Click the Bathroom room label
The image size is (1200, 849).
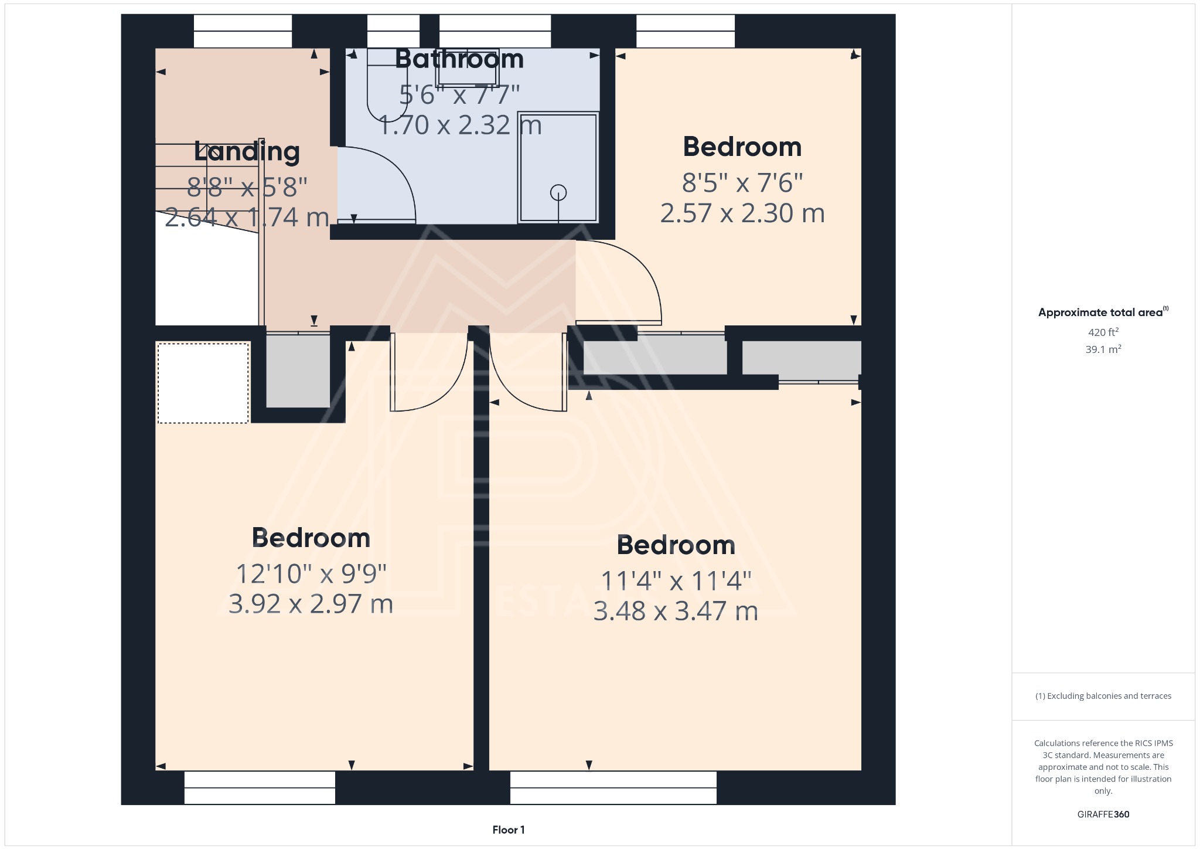(x=459, y=59)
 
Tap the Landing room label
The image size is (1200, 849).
(x=247, y=152)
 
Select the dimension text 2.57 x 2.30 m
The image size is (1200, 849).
(x=742, y=213)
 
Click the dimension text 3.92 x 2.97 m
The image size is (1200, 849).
(x=311, y=604)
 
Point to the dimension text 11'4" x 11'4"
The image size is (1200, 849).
(x=676, y=581)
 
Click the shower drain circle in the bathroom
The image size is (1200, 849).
(x=558, y=192)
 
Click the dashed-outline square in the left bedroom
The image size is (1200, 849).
(x=203, y=383)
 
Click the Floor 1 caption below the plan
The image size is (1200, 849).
(x=508, y=830)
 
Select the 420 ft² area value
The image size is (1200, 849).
(x=1103, y=332)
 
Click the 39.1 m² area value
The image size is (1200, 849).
(x=1103, y=349)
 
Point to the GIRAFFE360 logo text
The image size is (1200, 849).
(x=1103, y=814)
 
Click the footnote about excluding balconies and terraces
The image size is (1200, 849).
(x=1103, y=696)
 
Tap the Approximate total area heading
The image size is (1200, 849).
(x=1102, y=313)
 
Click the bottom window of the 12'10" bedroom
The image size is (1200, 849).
(x=260, y=787)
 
